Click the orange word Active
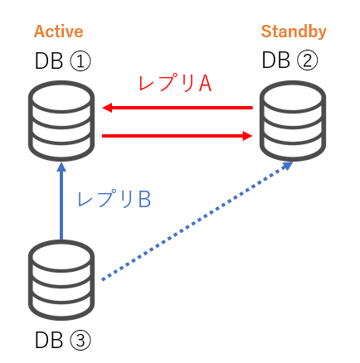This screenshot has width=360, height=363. [x=58, y=31]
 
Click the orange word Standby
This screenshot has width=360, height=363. [x=294, y=31]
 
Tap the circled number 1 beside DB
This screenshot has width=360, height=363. [x=80, y=61]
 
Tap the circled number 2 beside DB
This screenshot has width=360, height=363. [x=307, y=60]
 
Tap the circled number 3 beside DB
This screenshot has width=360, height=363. [x=80, y=341]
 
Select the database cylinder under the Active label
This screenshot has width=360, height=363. [x=61, y=121]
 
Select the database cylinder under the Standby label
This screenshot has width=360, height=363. [x=293, y=121]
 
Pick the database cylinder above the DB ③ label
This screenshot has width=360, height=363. [x=61, y=280]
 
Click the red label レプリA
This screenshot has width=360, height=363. [x=175, y=84]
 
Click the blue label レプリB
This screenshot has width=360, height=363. [x=114, y=199]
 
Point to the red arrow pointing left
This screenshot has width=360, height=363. [x=178, y=108]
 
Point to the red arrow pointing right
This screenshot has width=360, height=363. [x=178, y=136]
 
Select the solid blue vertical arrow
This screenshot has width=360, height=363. [x=61, y=201]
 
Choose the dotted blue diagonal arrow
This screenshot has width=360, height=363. [x=197, y=221]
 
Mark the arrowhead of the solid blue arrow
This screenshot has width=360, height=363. [x=61, y=167]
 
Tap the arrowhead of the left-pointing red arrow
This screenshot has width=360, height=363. [x=107, y=108]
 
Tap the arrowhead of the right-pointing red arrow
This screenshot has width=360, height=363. [x=248, y=136]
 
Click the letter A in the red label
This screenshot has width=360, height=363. [x=205, y=84]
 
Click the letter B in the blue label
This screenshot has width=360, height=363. [x=144, y=200]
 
